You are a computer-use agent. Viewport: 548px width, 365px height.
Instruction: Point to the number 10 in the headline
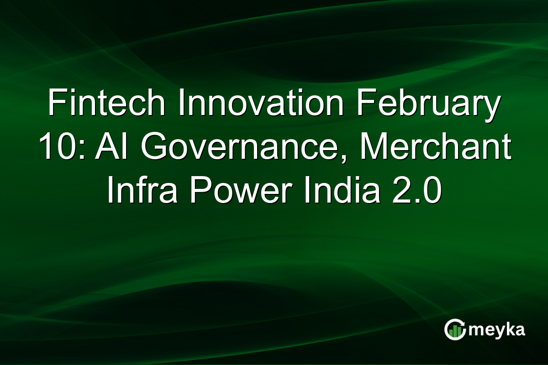(56, 148)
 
